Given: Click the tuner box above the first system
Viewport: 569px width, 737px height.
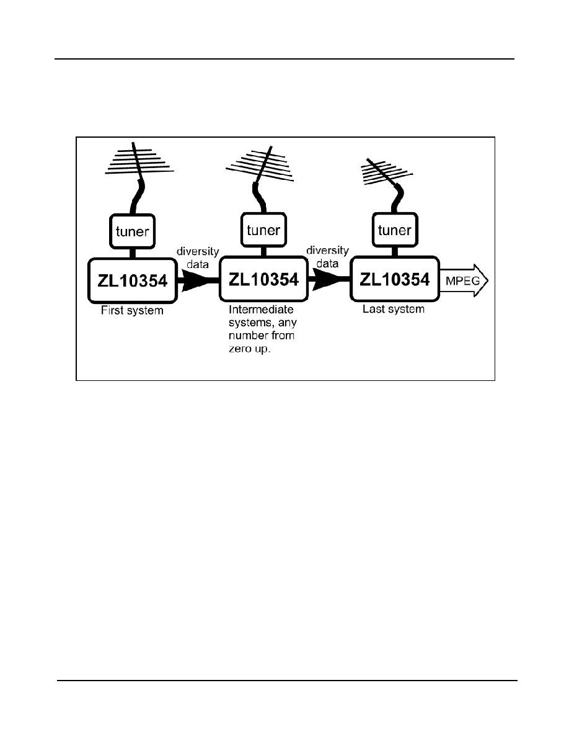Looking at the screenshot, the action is [x=133, y=231].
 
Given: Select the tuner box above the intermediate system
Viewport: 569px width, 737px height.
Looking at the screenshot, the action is [x=263, y=230].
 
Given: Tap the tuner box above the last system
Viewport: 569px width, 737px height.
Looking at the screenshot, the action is [x=395, y=230].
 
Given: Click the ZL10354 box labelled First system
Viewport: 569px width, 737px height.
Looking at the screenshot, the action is [x=133, y=280].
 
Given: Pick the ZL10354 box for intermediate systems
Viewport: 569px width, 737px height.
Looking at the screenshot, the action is [x=263, y=279].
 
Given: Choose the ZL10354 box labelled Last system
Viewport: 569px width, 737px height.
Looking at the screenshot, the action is [x=395, y=279].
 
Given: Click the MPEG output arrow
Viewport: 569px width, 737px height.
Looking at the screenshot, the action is [x=464, y=280].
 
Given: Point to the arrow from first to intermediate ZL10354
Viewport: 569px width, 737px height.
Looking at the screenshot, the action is [x=198, y=281].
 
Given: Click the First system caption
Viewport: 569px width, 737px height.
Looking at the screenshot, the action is [x=133, y=311].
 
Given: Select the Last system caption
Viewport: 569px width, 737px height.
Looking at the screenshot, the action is [x=394, y=310].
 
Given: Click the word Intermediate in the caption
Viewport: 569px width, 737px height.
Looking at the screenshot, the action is [x=261, y=310].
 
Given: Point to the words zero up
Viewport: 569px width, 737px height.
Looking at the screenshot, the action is [x=250, y=349].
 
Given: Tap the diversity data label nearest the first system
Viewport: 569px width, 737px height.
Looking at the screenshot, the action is [x=198, y=258].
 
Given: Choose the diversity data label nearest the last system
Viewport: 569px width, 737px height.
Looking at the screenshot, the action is [x=327, y=257].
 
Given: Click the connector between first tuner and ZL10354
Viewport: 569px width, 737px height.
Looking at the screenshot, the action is [x=133, y=253].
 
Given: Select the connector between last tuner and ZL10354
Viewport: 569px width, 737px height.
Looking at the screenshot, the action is [x=395, y=252].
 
